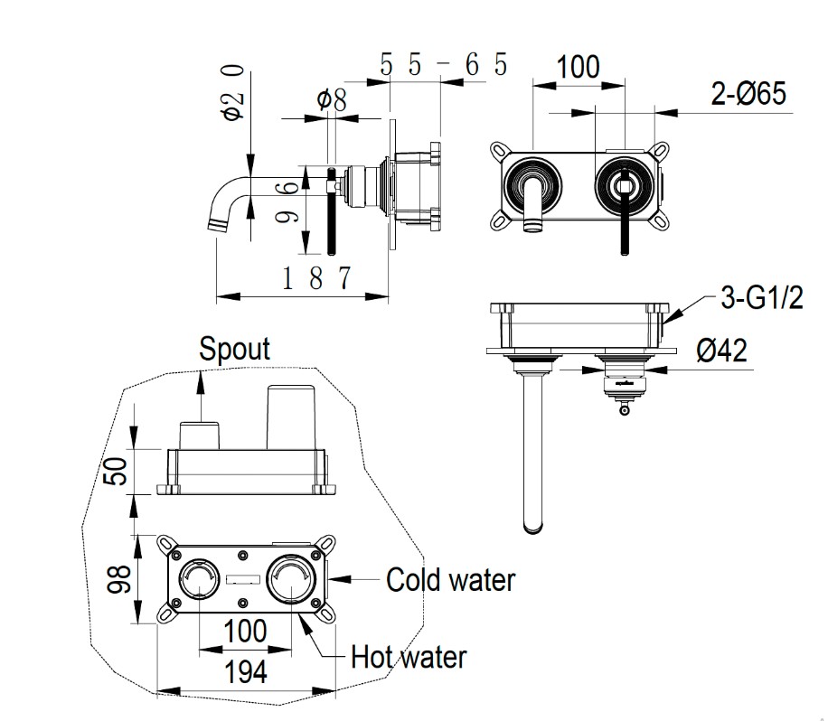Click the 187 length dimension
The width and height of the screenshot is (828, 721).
316,277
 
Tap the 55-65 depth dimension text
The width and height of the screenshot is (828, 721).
444,65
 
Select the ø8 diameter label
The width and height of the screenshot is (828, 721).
332,99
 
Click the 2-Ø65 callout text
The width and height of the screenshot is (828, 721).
748,93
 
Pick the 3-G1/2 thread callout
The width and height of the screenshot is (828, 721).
762,297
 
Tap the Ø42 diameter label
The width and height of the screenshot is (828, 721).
722,350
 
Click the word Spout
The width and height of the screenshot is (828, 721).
234,349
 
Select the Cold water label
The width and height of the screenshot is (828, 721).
450,579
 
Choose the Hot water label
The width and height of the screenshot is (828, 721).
409,657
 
